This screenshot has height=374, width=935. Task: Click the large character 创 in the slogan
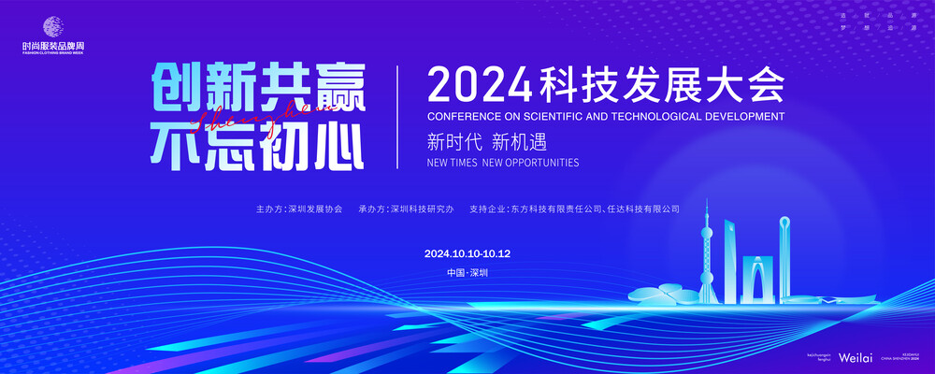tap(175, 91)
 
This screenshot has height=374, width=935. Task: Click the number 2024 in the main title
tap(479, 86)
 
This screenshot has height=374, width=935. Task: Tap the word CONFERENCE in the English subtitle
tap(466, 118)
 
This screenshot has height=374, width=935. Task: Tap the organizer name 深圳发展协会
tap(315, 209)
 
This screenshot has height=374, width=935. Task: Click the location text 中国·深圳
tap(467, 273)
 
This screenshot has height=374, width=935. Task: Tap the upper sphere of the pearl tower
tap(708, 229)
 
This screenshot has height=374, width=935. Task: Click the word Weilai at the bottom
tap(856, 358)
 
